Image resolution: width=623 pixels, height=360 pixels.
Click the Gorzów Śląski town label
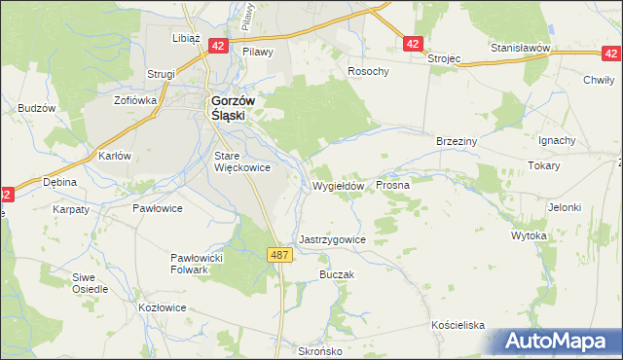tap(230, 106)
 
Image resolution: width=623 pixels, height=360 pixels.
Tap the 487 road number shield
tap(279, 254)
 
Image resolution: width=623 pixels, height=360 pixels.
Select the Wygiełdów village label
tap(339, 186)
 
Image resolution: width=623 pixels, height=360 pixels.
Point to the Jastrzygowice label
tap(333, 239)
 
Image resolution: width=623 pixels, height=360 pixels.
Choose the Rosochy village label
tap(369, 72)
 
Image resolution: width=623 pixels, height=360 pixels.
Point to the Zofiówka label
tap(135, 99)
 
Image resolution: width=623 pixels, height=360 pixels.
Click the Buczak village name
tap(335, 275)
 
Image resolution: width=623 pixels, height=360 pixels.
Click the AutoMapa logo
tap(556, 342)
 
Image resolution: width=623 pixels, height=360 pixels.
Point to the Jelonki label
tap(564, 207)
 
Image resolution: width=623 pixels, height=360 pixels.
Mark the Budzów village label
tap(36, 108)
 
